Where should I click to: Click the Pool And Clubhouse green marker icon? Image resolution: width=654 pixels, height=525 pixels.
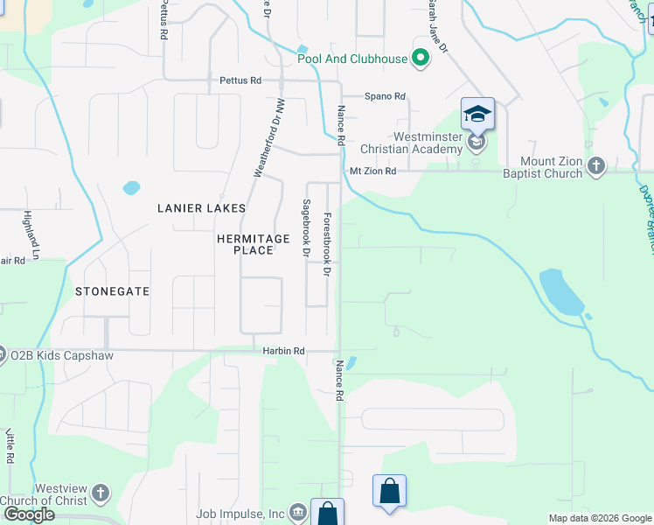click(x=421, y=59)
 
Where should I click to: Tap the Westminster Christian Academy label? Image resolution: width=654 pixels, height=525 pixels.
click(x=427, y=143)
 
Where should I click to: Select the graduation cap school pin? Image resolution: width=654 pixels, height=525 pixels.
click(x=477, y=115)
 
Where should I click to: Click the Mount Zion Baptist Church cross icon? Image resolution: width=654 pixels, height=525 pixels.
click(x=596, y=166)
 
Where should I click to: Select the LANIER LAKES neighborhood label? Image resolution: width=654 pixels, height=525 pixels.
click(x=201, y=208)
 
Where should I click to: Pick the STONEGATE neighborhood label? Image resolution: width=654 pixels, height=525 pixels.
click(x=112, y=290)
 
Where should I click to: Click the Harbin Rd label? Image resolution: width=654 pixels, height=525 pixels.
click(x=283, y=351)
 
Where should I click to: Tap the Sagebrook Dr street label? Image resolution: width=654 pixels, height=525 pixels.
click(x=306, y=228)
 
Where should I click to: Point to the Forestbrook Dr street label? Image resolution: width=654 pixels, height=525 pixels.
click(x=327, y=246)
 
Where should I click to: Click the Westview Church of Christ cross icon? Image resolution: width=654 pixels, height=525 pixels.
click(x=101, y=493)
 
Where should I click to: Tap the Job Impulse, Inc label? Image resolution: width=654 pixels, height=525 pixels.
click(x=241, y=514)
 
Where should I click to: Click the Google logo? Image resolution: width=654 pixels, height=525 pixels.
click(x=28, y=514)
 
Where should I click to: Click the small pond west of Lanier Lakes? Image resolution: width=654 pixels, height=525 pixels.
click(x=131, y=187)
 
